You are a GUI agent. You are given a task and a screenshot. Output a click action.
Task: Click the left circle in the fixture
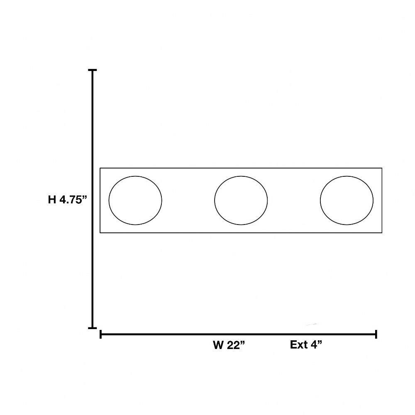(109, 200)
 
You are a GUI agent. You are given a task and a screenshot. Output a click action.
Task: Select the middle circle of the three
(215, 200)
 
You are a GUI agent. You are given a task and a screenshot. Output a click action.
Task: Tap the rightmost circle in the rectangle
(320, 200)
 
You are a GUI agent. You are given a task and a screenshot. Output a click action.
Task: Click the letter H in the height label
(52, 200)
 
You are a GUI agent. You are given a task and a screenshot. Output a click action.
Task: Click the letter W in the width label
(218, 345)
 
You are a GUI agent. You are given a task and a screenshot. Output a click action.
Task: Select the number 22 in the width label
(233, 345)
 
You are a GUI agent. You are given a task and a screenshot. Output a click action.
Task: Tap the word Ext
(298, 345)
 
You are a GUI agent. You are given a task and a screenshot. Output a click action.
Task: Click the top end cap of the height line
(93, 70)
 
